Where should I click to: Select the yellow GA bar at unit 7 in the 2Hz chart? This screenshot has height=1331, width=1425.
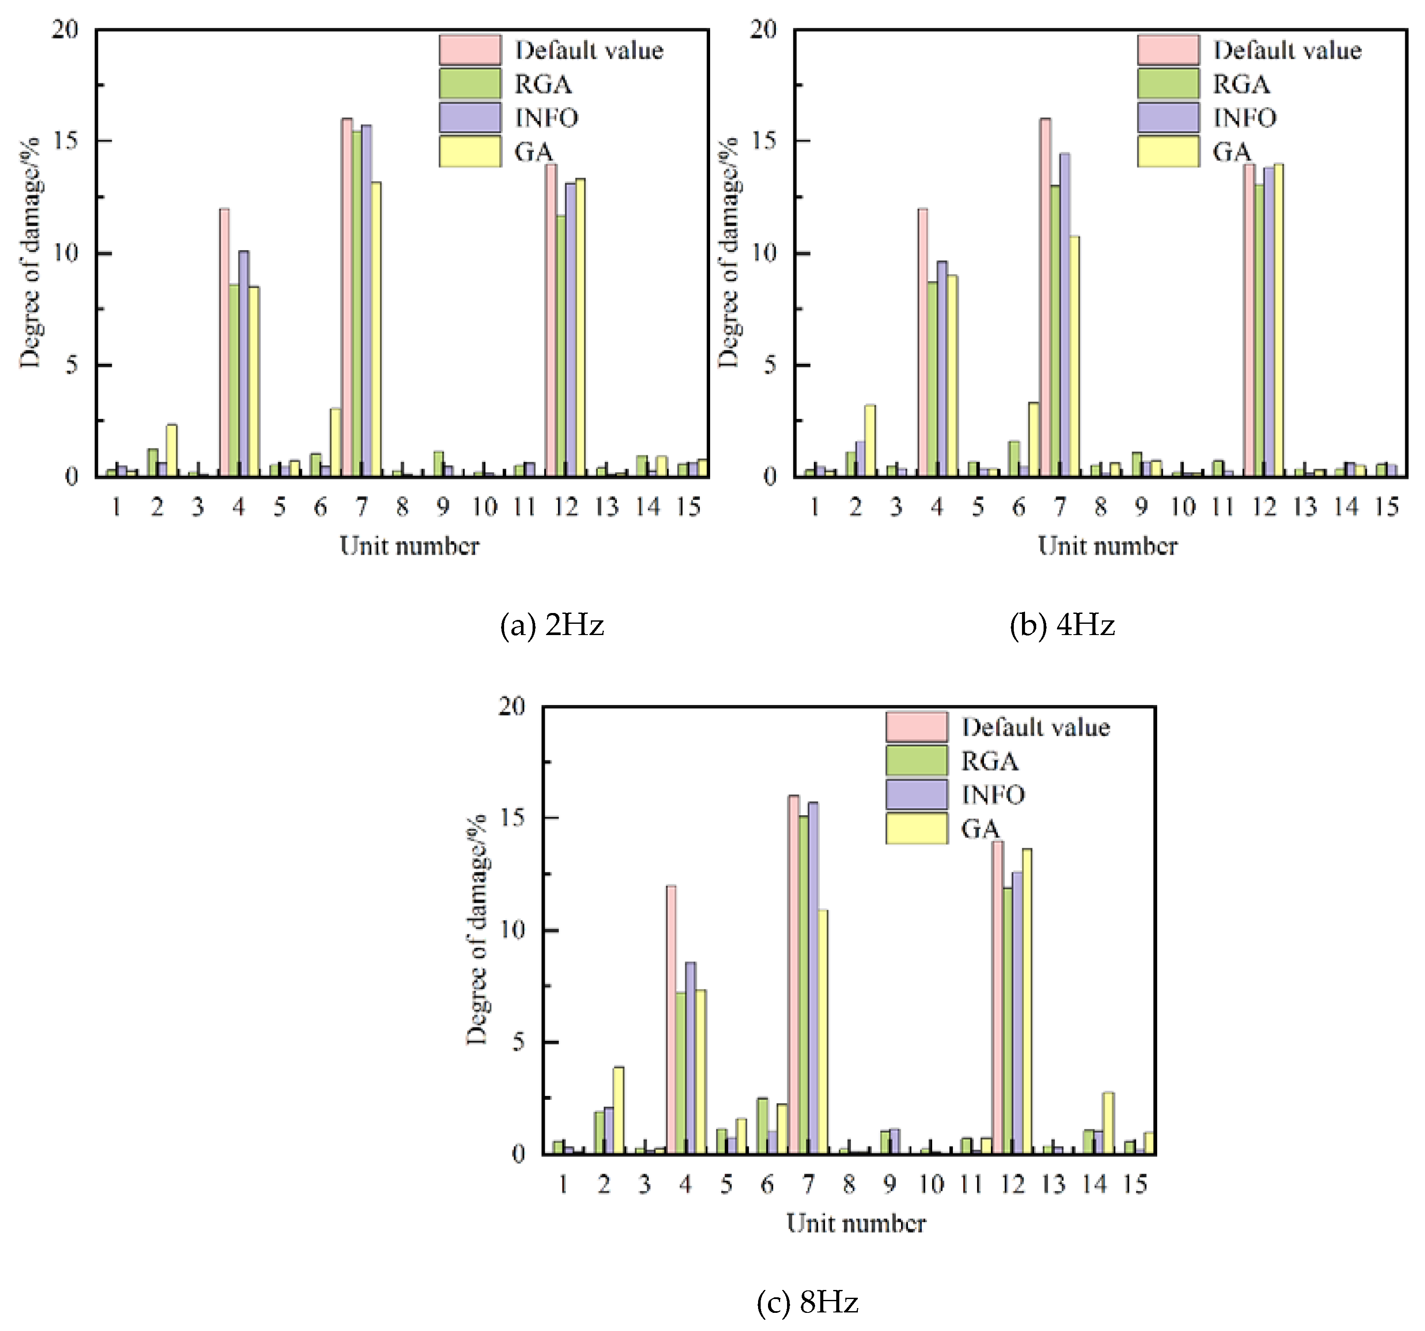click(376, 330)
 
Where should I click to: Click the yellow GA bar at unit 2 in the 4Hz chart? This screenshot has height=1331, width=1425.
click(870, 441)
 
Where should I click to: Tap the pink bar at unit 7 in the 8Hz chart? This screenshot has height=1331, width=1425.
click(793, 975)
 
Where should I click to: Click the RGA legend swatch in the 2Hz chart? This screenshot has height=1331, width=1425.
click(470, 83)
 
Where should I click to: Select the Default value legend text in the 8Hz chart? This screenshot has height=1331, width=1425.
click(1035, 727)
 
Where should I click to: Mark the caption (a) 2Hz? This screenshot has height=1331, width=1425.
click(552, 626)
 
